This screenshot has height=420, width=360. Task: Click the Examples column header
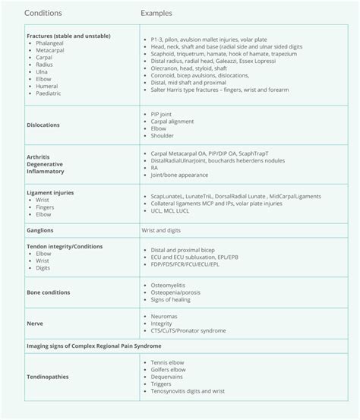point(156,14)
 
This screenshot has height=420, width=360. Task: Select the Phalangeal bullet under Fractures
point(51,44)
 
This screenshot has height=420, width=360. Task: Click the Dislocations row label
point(43,125)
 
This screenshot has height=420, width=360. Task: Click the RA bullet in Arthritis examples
point(155,167)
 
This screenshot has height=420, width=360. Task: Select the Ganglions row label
point(39,229)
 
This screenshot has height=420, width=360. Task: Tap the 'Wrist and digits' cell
point(164,229)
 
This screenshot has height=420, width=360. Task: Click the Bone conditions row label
point(49,292)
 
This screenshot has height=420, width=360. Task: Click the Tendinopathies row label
point(49,377)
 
